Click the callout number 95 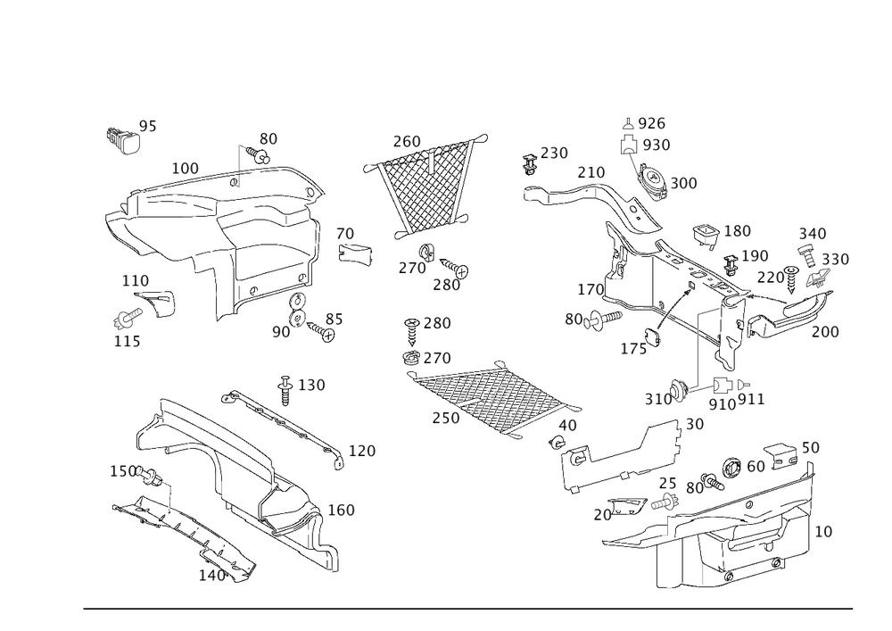pyautogui.click(x=148, y=128)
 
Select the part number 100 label pyautogui.click(x=186, y=167)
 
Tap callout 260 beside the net pyautogui.click(x=407, y=141)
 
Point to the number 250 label pyautogui.click(x=554, y=154)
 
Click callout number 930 pyautogui.click(x=657, y=145)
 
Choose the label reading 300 pyautogui.click(x=683, y=182)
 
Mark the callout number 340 pyautogui.click(x=813, y=234)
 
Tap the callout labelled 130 pyautogui.click(x=312, y=385)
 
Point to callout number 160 pyautogui.click(x=342, y=511)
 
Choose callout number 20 pyautogui.click(x=603, y=515)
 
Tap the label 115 pyautogui.click(x=126, y=341)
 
